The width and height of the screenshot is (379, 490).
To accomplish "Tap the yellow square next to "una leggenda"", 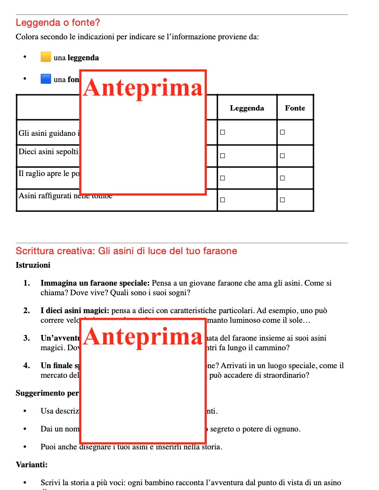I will (46, 57).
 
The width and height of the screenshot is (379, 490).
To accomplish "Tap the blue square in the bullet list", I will (46, 79).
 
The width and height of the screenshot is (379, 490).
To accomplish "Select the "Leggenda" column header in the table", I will (247, 108).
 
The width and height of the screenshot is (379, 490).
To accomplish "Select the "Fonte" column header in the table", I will (295, 108).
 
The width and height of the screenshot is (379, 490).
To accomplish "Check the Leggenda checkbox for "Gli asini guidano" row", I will (223, 132).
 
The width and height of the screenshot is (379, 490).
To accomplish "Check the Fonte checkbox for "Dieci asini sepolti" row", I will (282, 155).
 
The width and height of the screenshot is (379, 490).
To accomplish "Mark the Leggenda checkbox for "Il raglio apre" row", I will (223, 178).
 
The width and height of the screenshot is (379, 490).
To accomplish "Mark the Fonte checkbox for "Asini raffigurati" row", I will (282, 200).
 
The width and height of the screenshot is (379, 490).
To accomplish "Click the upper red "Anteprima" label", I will (143, 87).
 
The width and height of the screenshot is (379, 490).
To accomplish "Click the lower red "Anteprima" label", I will (143, 337).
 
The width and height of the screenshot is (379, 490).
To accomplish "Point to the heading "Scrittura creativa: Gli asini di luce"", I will (126, 251).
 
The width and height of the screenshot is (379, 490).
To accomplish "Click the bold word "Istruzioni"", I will (33, 265).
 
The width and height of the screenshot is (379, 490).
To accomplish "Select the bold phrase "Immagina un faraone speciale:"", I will (95, 283).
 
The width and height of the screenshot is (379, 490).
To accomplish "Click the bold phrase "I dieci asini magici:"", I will (75, 311).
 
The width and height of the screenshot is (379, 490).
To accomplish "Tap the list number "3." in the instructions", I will (27, 338).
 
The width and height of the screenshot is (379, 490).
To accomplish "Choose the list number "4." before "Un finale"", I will (27, 366).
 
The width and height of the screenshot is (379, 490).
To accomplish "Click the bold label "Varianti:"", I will (31, 465).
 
